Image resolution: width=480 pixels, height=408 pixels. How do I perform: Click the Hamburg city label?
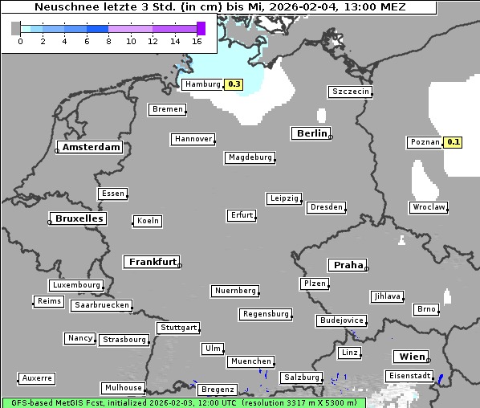[202, 84]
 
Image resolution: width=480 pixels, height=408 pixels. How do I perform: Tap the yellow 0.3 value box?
[234, 84]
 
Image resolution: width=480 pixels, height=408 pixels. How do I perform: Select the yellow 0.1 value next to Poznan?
[454, 142]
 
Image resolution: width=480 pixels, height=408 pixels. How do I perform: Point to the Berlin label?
[311, 133]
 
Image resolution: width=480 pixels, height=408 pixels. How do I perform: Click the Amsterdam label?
[91, 147]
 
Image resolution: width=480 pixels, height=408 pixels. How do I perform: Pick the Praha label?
[348, 265]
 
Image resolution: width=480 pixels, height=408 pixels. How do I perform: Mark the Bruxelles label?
[78, 218]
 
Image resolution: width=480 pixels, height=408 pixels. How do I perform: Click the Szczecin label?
[351, 92]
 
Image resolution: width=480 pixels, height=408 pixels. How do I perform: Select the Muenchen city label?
[250, 361]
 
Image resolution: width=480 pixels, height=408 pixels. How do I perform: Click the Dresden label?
[327, 207]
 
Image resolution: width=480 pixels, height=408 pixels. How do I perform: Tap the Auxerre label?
[37, 377]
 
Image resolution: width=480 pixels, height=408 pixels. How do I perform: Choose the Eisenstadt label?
[410, 376]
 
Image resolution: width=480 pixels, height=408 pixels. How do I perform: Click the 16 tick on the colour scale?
[197, 41]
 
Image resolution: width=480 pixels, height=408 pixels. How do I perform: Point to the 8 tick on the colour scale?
[108, 41]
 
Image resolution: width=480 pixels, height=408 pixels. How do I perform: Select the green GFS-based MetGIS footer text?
[183, 402]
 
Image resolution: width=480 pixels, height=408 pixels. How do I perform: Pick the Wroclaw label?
[429, 207]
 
